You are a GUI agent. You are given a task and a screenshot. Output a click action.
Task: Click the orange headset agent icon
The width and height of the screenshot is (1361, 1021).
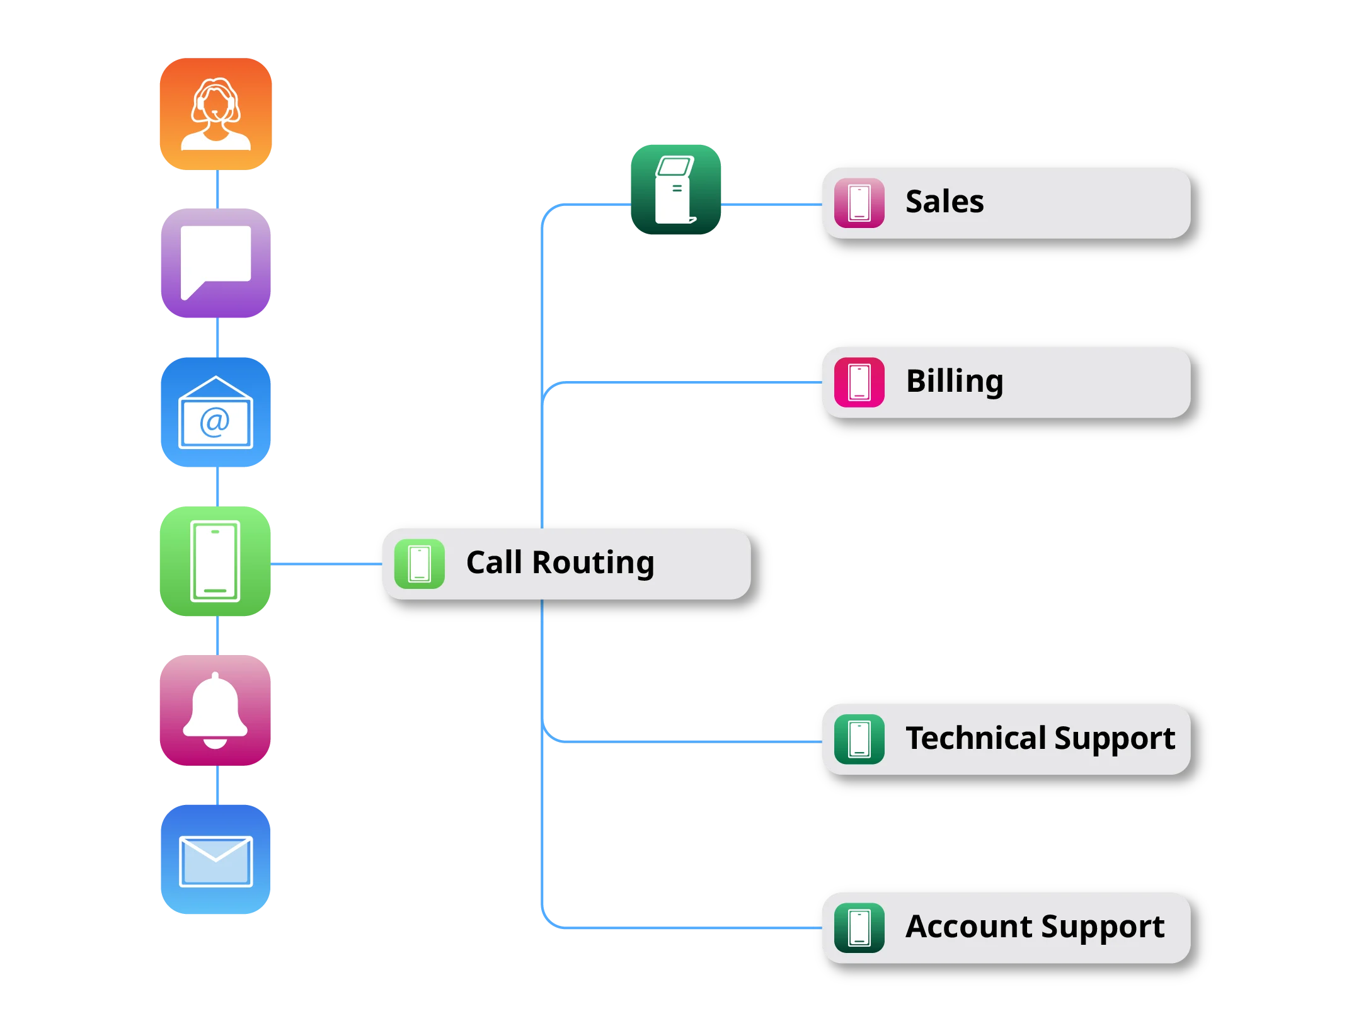pyautogui.click(x=216, y=114)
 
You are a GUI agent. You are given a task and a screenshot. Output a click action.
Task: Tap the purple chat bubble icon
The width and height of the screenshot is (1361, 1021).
pyautogui.click(x=216, y=263)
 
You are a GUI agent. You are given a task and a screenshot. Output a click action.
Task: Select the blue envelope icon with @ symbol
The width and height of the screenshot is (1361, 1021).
pyautogui.click(x=216, y=413)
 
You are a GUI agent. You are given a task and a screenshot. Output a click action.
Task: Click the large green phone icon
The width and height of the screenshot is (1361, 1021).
pyautogui.click(x=215, y=561)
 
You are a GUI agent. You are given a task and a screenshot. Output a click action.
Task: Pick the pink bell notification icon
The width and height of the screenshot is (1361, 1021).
pyautogui.click(x=215, y=710)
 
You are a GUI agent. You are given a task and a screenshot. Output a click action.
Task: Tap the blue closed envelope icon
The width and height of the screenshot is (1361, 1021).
pyautogui.click(x=216, y=860)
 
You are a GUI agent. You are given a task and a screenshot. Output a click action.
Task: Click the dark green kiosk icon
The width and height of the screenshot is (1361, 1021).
pyautogui.click(x=676, y=190)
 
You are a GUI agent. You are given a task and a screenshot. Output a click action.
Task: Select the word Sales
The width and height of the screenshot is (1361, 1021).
pyautogui.click(x=945, y=202)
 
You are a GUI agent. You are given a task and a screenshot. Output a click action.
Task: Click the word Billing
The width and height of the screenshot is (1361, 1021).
pyautogui.click(x=955, y=382)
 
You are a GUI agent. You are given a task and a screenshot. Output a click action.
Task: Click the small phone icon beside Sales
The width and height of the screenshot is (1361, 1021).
pyautogui.click(x=859, y=203)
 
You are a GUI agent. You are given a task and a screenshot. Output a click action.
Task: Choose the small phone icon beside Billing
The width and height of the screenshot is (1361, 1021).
pyautogui.click(x=859, y=382)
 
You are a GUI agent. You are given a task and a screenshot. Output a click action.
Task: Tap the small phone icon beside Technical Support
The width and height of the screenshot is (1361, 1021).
pyautogui.click(x=859, y=739)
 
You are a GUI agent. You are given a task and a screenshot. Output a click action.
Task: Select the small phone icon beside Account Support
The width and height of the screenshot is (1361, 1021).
pyautogui.click(x=859, y=928)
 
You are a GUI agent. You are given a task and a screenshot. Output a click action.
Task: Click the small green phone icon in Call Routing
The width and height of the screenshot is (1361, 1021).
pyautogui.click(x=420, y=564)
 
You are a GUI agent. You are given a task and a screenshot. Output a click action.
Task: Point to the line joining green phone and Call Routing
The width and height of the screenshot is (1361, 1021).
pyautogui.click(x=326, y=564)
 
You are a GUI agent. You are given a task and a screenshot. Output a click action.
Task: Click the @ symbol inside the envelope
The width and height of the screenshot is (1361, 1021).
pyautogui.click(x=215, y=421)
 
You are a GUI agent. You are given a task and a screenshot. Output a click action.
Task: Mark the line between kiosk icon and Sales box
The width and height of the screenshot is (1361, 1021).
pyautogui.click(x=772, y=205)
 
